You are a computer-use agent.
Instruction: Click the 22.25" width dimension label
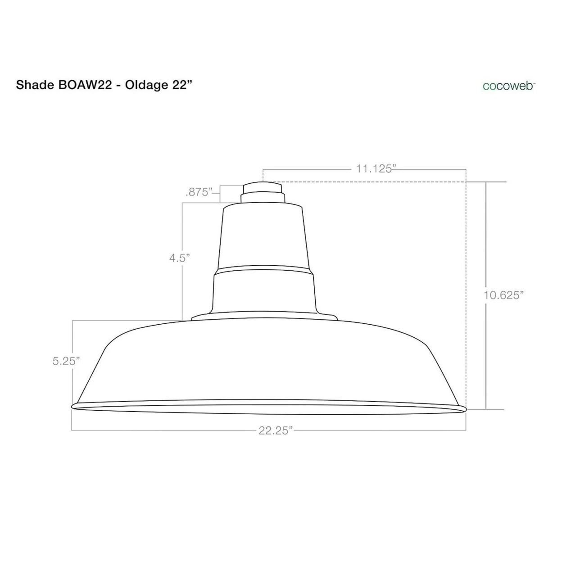coord(276,431)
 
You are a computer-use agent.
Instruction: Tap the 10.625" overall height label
coord(504,295)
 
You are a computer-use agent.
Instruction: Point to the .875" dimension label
coord(199,192)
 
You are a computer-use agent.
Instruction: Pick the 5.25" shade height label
coord(66,361)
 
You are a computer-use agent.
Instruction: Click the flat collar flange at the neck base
coord(265,317)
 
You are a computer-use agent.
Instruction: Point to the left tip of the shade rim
coord(73,406)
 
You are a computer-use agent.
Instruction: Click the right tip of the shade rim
coord(464,409)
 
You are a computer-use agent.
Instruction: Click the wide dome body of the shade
coord(266,360)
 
